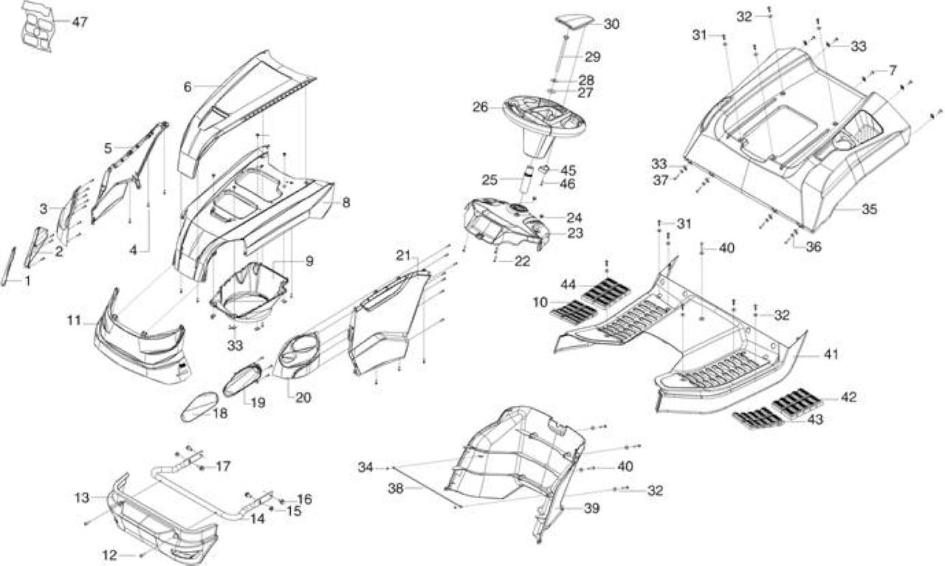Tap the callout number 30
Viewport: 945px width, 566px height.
pyautogui.click(x=611, y=24)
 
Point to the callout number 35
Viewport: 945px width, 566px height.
pyautogui.click(x=869, y=209)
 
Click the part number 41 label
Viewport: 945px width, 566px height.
pyautogui.click(x=831, y=355)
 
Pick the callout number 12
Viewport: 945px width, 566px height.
pyautogui.click(x=109, y=555)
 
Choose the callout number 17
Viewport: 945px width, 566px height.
pyautogui.click(x=223, y=466)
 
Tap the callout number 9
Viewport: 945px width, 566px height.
pyautogui.click(x=309, y=261)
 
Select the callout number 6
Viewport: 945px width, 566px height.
pyautogui.click(x=188, y=87)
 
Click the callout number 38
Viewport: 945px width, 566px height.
pyautogui.click(x=395, y=489)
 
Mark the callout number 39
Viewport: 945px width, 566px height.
pyautogui.click(x=591, y=508)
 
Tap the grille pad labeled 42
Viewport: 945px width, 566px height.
pyautogui.click(x=797, y=400)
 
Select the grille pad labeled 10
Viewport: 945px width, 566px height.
pyautogui.click(x=574, y=312)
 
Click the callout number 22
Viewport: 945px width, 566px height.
pyautogui.click(x=522, y=261)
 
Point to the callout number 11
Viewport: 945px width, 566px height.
pyautogui.click(x=74, y=321)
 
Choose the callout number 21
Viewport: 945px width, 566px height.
pyautogui.click(x=403, y=255)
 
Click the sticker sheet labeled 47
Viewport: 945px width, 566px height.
pyautogui.click(x=37, y=26)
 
